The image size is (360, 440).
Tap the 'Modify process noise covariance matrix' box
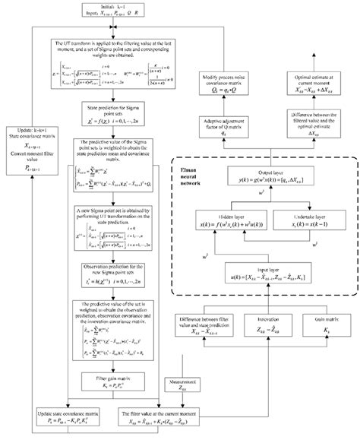pos(236,84)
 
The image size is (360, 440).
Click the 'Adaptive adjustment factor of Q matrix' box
pos(236,125)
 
